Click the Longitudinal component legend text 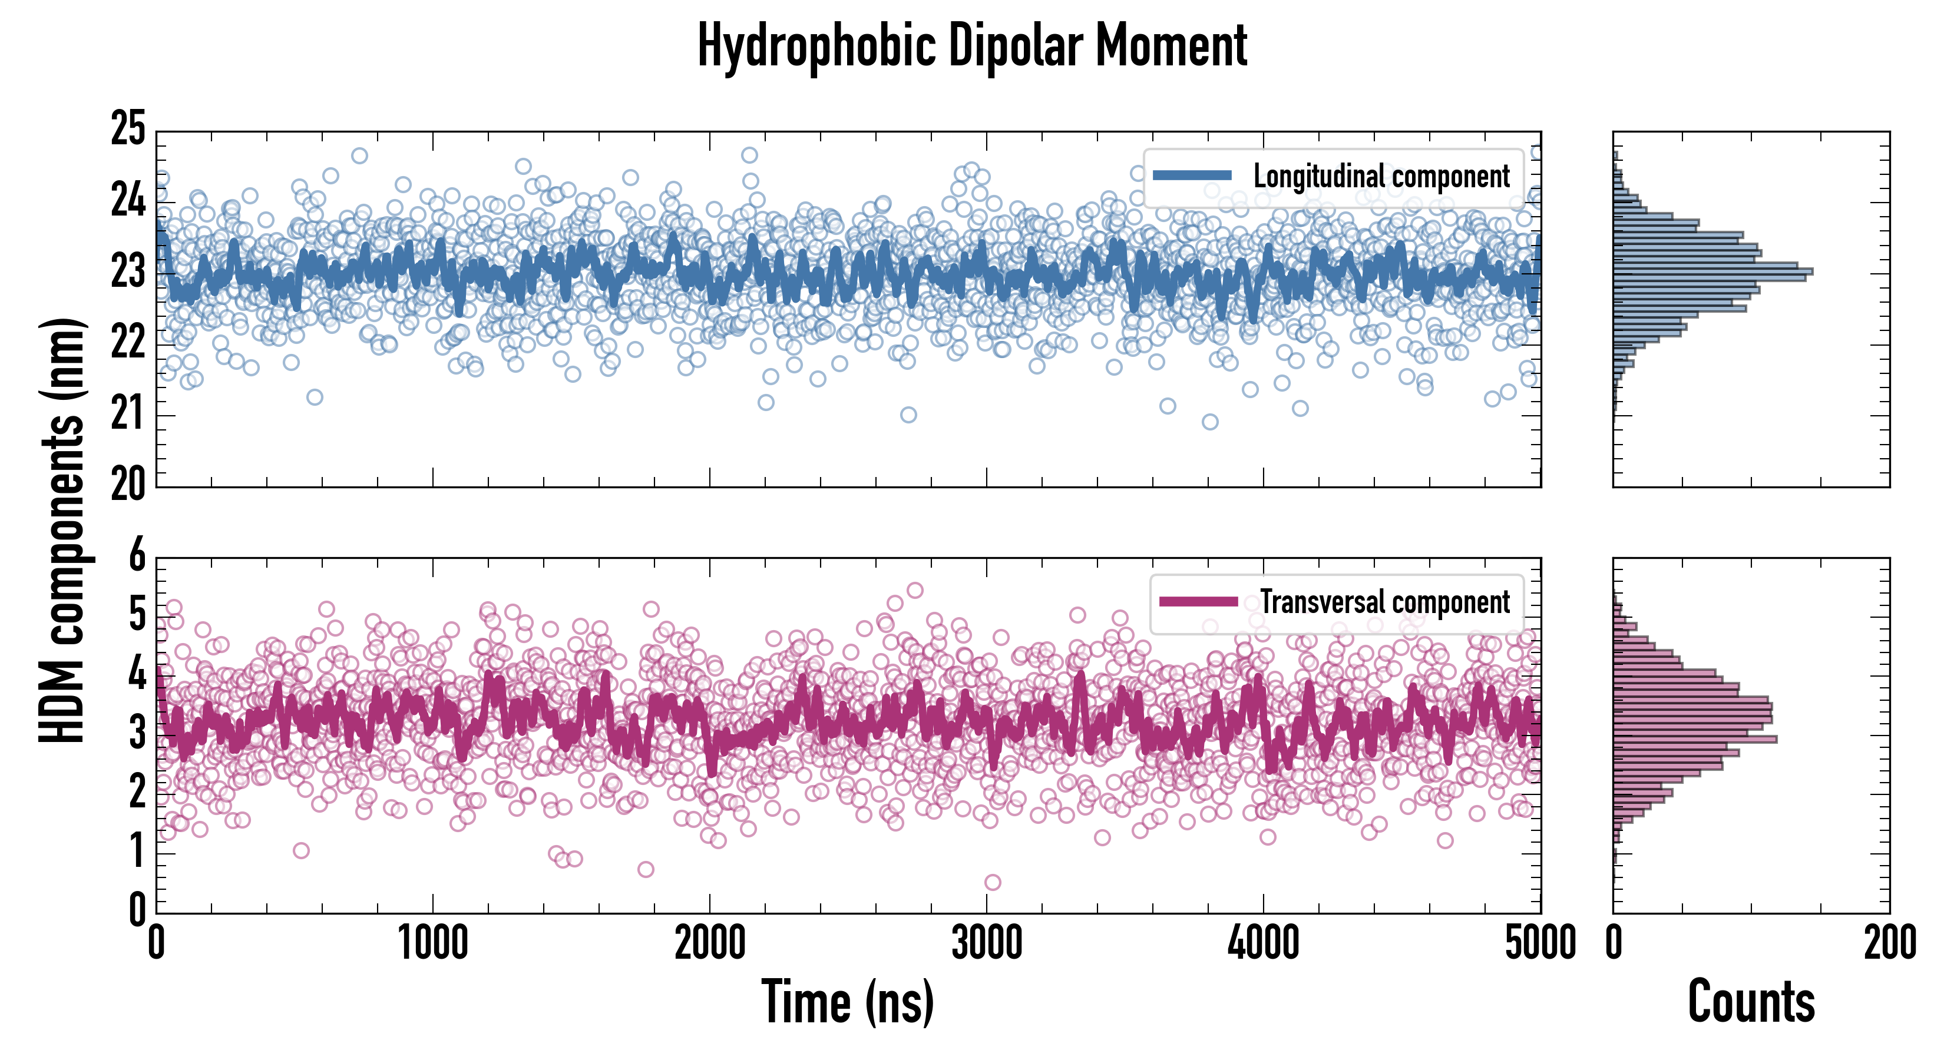(x=1381, y=177)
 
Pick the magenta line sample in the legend (x=1198, y=602)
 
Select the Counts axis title (x=1751, y=1002)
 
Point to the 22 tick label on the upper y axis (x=128, y=343)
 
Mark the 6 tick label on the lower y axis (x=137, y=556)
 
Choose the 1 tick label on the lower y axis (x=137, y=853)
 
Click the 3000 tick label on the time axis (x=986, y=943)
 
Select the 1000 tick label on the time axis (x=433, y=943)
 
